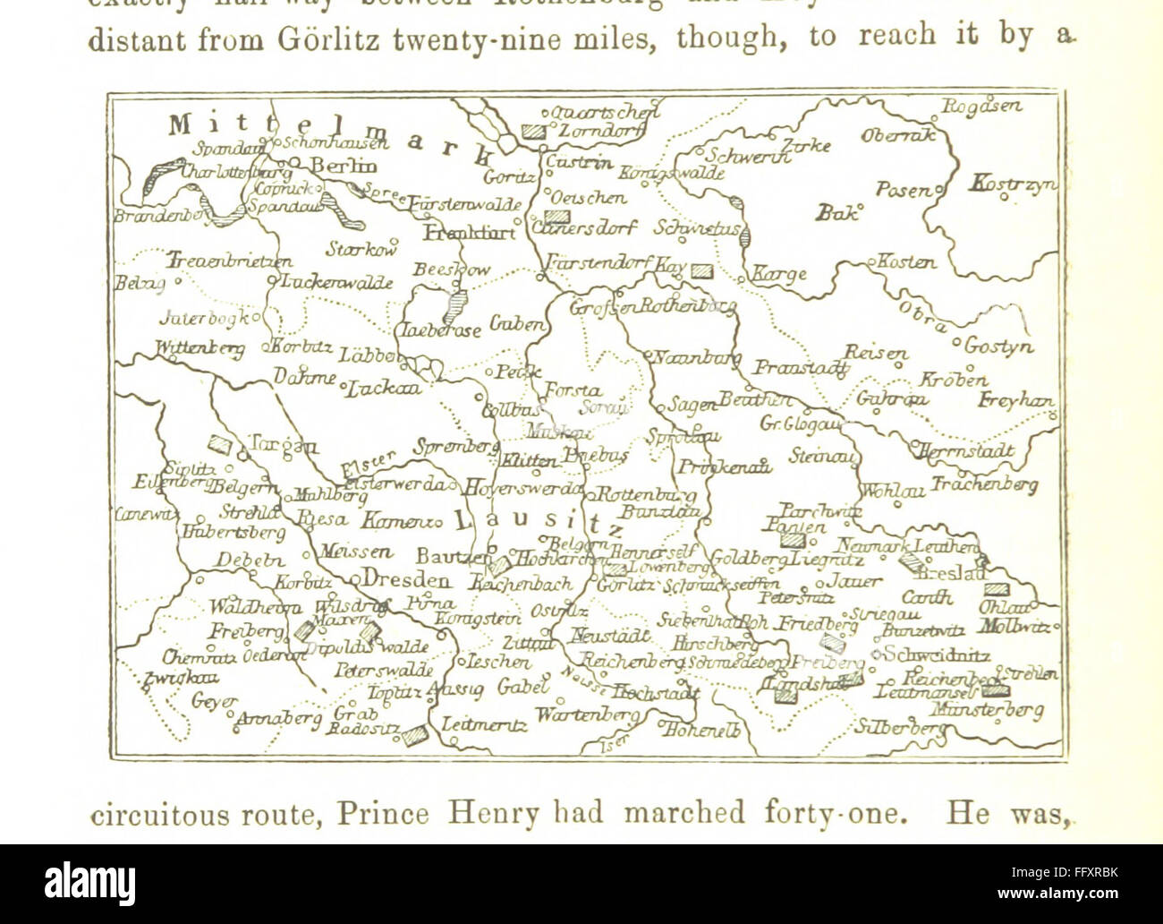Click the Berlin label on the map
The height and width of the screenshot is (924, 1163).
[x=344, y=166]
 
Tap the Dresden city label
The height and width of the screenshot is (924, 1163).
[x=406, y=579]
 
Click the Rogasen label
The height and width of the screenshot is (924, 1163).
[x=980, y=106]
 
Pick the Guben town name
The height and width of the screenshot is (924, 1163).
[x=516, y=324]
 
